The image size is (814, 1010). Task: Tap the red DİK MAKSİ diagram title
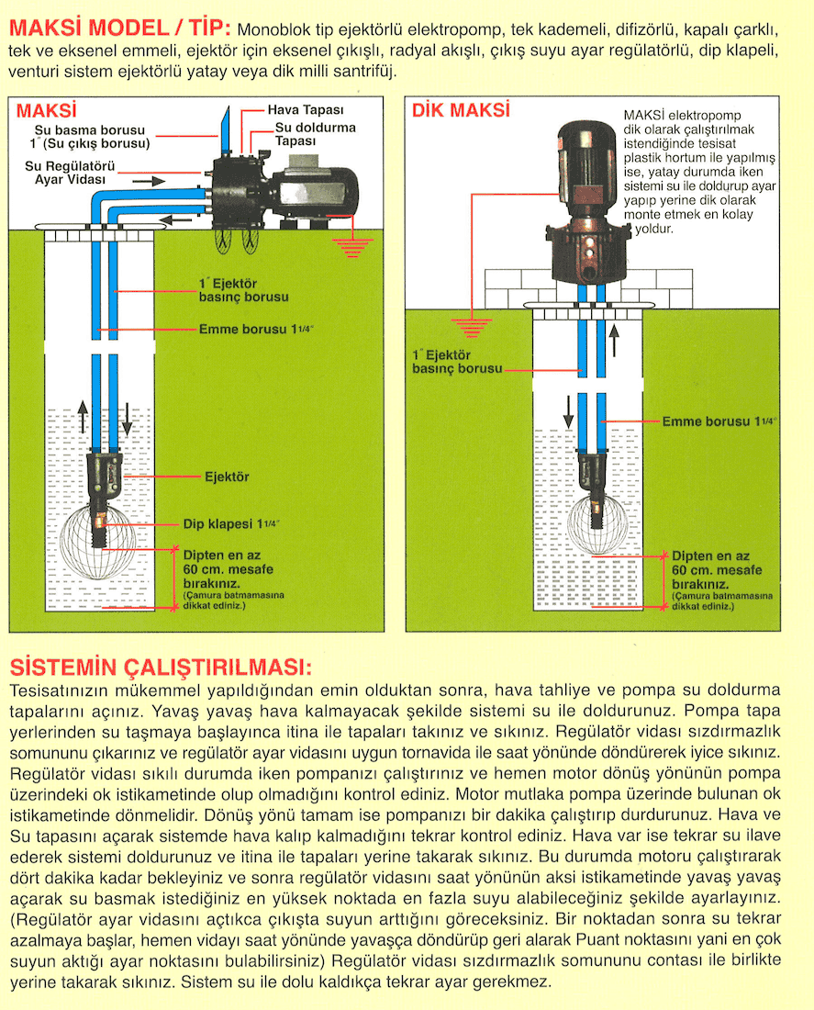461,111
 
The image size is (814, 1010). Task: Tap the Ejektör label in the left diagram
227,477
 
